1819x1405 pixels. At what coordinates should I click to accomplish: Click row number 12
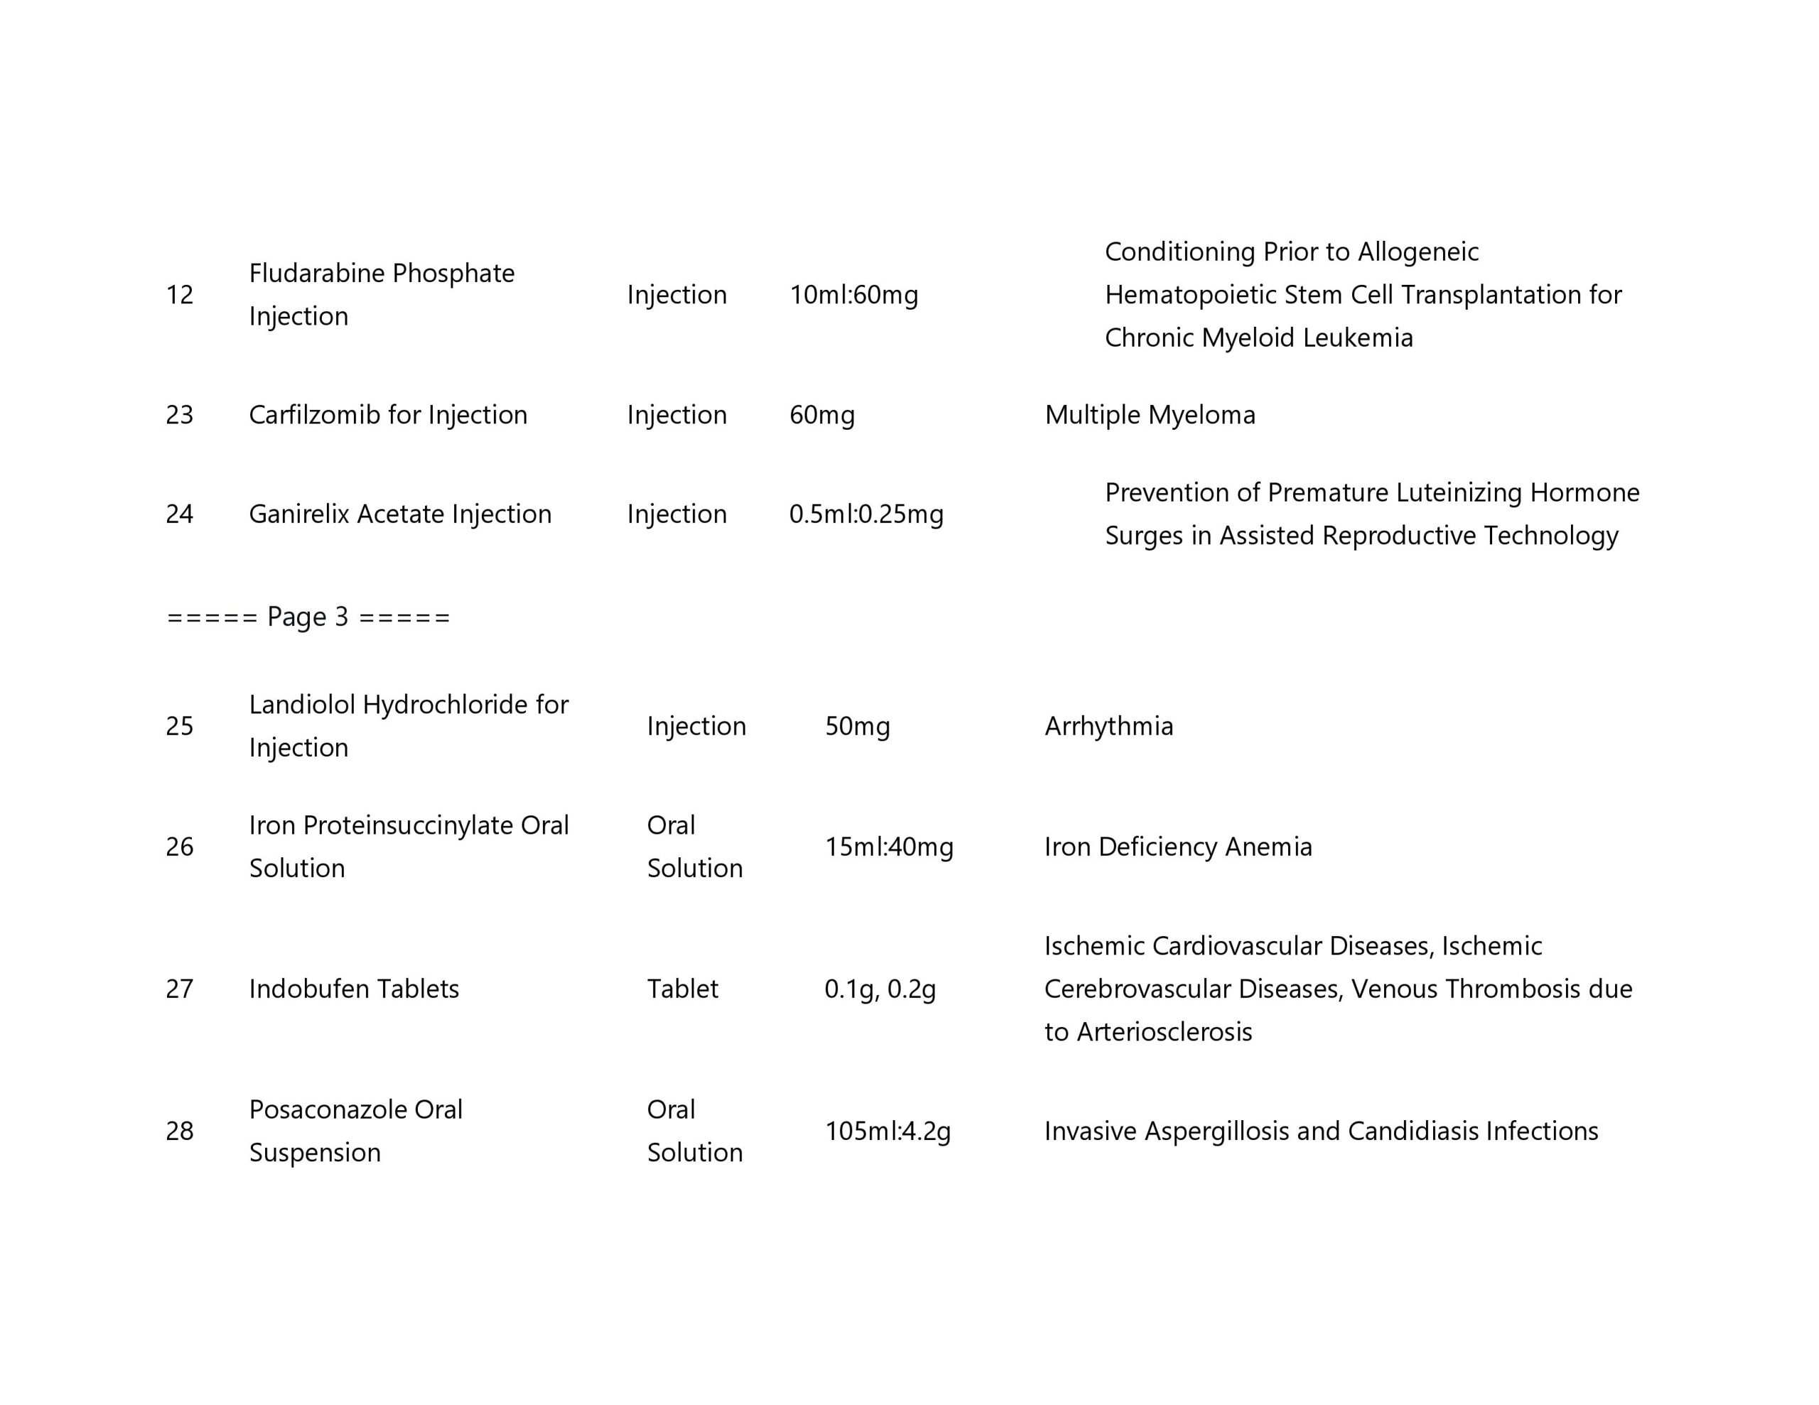[x=179, y=295]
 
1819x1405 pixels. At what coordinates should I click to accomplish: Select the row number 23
[x=179, y=415]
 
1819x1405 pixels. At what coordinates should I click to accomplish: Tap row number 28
[x=179, y=1131]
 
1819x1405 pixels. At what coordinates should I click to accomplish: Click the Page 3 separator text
[x=308, y=617]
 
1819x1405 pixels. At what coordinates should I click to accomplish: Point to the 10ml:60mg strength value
[x=853, y=295]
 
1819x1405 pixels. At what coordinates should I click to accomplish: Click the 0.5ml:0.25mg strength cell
[x=866, y=514]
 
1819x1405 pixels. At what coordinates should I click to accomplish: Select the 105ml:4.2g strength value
[x=888, y=1131]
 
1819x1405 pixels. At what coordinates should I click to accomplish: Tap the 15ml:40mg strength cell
[x=889, y=847]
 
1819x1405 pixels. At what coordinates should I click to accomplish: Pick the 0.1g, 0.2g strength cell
[x=880, y=989]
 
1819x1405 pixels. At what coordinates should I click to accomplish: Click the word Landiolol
[x=302, y=705]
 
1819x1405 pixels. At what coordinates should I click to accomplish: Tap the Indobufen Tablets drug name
[x=354, y=989]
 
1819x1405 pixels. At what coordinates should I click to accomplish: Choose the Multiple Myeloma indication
[x=1150, y=415]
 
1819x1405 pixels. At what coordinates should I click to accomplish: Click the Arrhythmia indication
[x=1108, y=726]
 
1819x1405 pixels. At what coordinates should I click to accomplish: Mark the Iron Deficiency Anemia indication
[x=1177, y=847]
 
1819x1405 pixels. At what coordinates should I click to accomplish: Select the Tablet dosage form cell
[x=682, y=989]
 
